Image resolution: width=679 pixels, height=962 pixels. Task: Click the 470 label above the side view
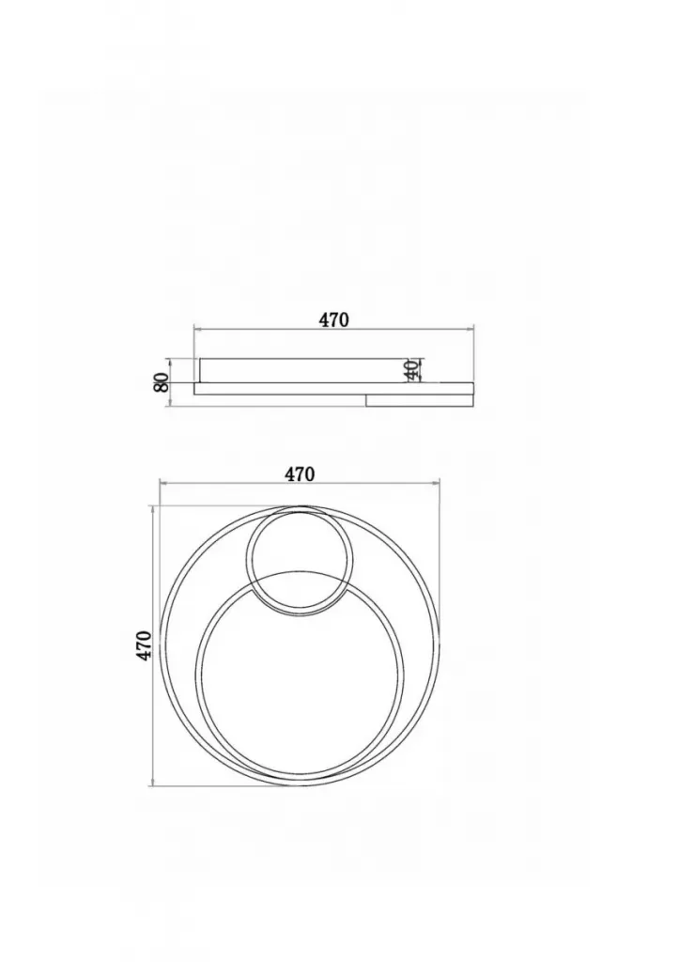(333, 319)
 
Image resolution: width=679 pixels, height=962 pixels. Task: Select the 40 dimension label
(411, 369)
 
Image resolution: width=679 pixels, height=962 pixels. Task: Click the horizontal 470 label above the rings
(300, 474)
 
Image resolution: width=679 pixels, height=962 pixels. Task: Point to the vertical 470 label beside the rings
(144, 644)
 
